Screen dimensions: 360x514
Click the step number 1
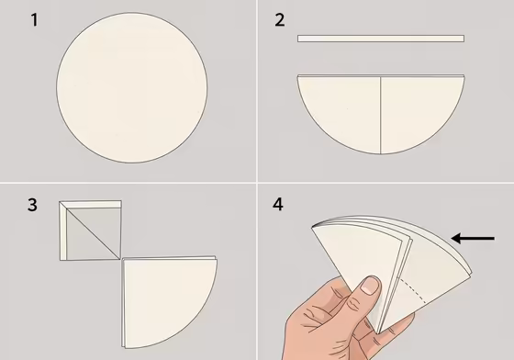34,19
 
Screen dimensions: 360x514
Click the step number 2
280,19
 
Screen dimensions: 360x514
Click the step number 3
33,204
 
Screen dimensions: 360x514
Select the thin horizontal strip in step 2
380,39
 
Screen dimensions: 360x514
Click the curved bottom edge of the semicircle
381,153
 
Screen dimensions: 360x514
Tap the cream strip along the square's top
90,204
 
